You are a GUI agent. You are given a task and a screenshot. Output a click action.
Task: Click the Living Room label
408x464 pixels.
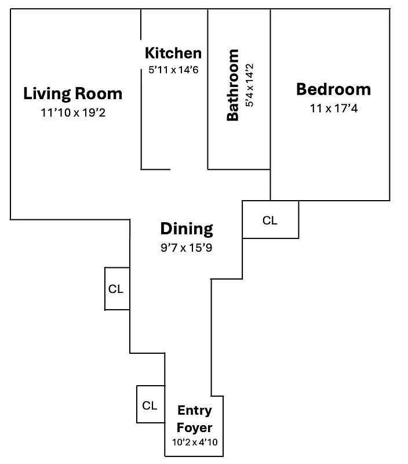(72, 93)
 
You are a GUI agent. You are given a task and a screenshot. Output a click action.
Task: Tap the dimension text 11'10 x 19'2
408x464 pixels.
(72, 113)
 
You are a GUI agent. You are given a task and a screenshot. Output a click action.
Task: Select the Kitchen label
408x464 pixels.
(173, 53)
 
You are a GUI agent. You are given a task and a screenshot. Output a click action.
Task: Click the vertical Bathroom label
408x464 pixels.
(232, 85)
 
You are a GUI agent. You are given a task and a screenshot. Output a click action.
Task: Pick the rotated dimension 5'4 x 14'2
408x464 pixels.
(250, 85)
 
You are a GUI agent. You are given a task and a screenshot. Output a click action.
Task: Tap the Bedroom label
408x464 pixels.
(333, 89)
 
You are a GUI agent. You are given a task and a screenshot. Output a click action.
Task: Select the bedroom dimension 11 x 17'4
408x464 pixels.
(333, 108)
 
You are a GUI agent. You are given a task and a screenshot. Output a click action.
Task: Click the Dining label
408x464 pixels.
(187, 229)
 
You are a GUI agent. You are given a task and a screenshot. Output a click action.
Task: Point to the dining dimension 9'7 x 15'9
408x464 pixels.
(187, 248)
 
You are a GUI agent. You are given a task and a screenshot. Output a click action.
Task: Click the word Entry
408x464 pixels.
(195, 411)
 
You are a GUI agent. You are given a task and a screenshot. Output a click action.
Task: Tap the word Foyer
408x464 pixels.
(195, 427)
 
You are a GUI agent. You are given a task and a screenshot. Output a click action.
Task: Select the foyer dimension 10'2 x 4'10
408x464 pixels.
(195, 442)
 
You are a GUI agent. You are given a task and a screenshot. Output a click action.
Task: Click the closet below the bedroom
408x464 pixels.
(270, 220)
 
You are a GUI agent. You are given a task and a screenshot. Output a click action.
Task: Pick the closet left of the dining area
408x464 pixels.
(116, 289)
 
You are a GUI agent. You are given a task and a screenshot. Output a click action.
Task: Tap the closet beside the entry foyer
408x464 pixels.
(150, 405)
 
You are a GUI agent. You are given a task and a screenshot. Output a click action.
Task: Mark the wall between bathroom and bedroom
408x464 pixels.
(271, 93)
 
